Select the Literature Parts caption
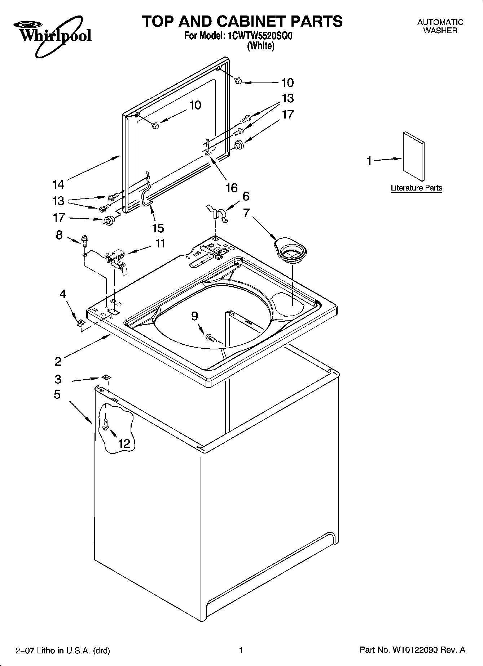(x=416, y=188)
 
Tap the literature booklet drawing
(x=413, y=156)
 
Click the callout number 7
(x=246, y=213)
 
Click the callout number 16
(x=232, y=188)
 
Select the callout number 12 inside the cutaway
(x=124, y=443)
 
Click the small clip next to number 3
(x=106, y=377)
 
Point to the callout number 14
(x=58, y=184)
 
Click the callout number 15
(x=158, y=228)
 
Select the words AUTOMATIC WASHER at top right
(x=440, y=26)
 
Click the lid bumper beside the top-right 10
(x=238, y=81)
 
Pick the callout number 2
(x=58, y=361)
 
